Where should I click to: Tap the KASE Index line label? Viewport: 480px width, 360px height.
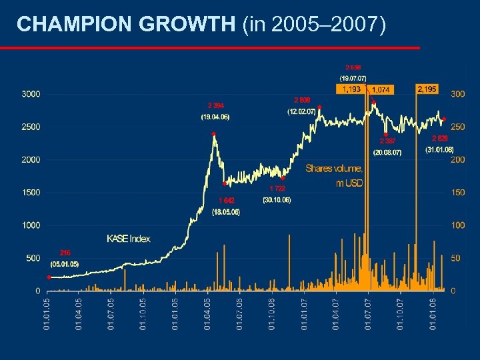coord(128,239)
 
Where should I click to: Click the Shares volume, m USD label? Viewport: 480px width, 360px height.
coord(334,175)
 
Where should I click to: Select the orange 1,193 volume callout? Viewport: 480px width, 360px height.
coord(351,89)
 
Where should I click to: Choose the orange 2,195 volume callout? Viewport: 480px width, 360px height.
coord(426,89)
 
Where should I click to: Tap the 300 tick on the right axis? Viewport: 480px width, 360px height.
coord(458,95)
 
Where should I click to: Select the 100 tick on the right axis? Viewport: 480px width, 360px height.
coord(458,225)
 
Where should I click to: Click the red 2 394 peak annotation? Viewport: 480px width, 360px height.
coord(215,105)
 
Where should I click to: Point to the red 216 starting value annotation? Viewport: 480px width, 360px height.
coord(65,253)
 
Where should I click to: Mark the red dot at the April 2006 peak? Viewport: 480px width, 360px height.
coord(214,134)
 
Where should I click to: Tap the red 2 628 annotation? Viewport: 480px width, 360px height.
coord(439,138)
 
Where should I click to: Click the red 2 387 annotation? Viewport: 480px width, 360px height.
coord(387,141)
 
